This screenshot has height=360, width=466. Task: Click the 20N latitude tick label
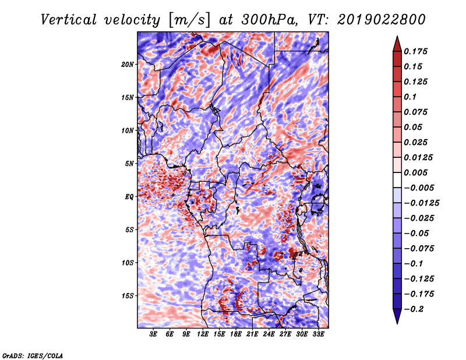pos(127,65)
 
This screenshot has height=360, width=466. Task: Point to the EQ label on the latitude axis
pos(129,197)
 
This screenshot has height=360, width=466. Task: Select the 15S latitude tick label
pos(127,296)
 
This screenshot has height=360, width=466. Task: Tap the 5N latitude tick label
pos(129,164)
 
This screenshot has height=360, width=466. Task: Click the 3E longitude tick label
pos(153,334)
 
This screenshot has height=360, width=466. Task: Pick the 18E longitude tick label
pos(236,334)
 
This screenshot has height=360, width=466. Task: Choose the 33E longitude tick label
pos(318,334)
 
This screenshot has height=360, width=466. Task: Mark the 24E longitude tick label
pos(269,334)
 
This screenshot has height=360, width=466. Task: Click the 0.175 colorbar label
pos(415,51)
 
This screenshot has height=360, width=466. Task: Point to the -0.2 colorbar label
pos(414,309)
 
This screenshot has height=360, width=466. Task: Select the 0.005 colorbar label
pos(415,172)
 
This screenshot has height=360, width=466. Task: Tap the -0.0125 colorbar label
pos(421,203)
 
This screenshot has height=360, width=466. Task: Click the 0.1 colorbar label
pos(410,97)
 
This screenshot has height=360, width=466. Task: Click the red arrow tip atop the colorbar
pos(397,37)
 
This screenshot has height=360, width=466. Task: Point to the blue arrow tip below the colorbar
pos(397,323)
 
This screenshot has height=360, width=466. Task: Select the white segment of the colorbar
pos(397,180)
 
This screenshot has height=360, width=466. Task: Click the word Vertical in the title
pos(69,20)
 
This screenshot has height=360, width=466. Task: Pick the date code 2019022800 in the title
pos(382,20)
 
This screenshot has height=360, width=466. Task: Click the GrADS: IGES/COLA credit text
pos(33,356)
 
